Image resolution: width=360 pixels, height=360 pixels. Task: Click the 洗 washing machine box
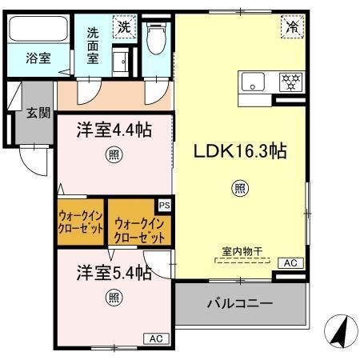[124, 26]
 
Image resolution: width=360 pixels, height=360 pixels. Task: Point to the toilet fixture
[156, 38]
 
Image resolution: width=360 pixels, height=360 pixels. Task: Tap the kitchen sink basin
[254, 81]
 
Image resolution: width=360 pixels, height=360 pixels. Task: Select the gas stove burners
[290, 81]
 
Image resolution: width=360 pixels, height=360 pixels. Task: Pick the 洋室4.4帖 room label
[114, 129]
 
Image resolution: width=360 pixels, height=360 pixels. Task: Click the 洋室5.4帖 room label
[114, 273]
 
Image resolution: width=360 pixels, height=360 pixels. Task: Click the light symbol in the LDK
[238, 189]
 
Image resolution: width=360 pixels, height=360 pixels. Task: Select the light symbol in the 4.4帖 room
[114, 154]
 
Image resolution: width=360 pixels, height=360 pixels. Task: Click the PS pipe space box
[163, 206]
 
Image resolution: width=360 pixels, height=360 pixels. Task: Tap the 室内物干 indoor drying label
[241, 251]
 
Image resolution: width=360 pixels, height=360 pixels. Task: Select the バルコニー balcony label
[240, 304]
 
